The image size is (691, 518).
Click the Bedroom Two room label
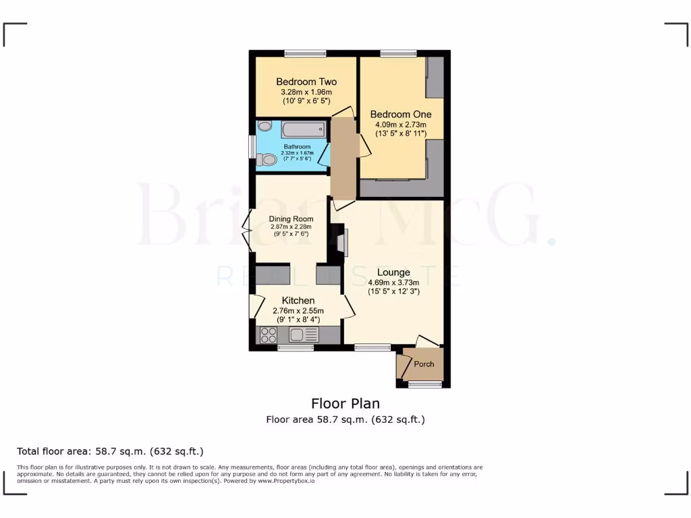pyautogui.click(x=306, y=82)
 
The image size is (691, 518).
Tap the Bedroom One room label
pyautogui.click(x=401, y=114)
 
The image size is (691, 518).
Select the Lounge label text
pyautogui.click(x=393, y=272)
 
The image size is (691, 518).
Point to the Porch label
pyautogui.click(x=424, y=364)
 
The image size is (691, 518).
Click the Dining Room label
pyautogui.click(x=291, y=219)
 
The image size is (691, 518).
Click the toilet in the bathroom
pyautogui.click(x=268, y=159)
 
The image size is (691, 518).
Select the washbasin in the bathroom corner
pyautogui.click(x=265, y=126)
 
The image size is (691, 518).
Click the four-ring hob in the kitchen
pyautogui.click(x=268, y=335)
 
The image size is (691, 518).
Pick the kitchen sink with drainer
pyautogui.click(x=304, y=335)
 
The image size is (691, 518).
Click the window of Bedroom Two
pyautogui.click(x=305, y=53)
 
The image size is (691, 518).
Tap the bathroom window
pyautogui.click(x=252, y=147)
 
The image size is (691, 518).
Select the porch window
pyautogui.click(x=424, y=384)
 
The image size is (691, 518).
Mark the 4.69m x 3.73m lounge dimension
pyautogui.click(x=393, y=283)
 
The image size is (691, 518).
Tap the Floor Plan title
pyautogui.click(x=345, y=403)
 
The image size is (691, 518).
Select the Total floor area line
pyautogui.click(x=110, y=451)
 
